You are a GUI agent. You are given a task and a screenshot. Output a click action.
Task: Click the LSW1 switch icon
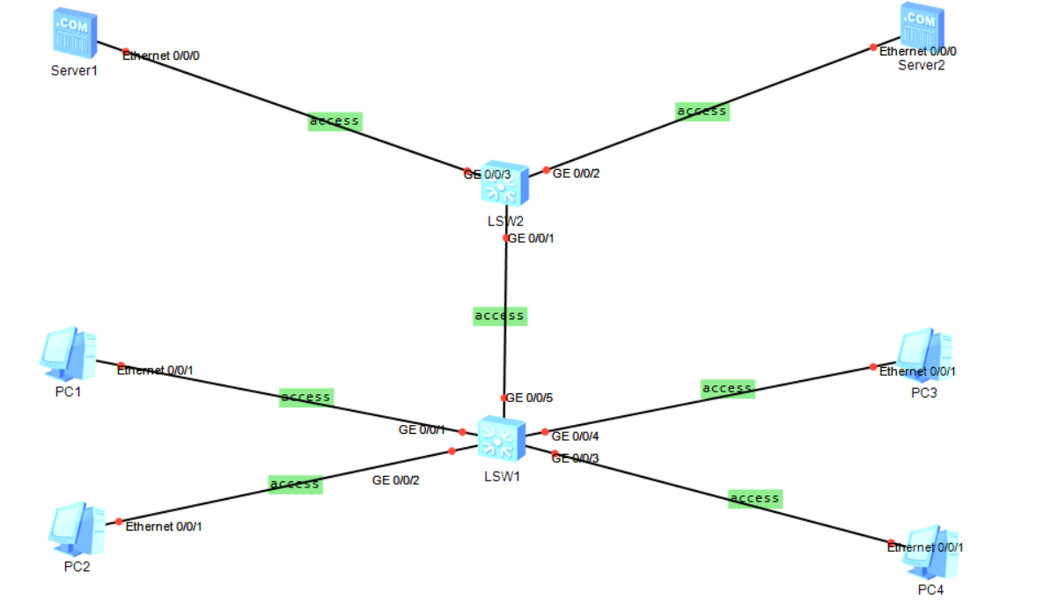(x=502, y=438)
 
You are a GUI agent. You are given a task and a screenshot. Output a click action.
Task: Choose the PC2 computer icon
(x=74, y=526)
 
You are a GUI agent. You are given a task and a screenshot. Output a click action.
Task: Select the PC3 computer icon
(x=924, y=354)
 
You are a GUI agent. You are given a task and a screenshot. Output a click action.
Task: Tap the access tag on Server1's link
(x=335, y=121)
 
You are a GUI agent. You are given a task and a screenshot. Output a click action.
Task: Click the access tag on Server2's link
(x=702, y=112)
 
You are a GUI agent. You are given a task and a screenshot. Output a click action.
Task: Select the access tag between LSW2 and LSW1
(x=499, y=316)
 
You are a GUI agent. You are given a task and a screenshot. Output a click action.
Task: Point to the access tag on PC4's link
(x=755, y=499)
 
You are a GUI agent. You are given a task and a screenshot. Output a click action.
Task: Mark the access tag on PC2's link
(x=295, y=484)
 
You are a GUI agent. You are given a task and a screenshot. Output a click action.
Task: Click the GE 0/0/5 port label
(x=530, y=399)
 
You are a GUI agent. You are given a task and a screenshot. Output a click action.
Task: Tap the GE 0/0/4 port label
(x=575, y=436)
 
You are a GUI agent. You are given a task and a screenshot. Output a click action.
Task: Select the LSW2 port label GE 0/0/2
(x=577, y=173)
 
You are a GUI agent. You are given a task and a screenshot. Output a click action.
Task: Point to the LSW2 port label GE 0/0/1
(x=532, y=238)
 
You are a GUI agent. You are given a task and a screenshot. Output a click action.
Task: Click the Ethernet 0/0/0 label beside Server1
(x=162, y=55)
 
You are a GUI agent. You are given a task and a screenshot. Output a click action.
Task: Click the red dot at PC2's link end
(x=119, y=522)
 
